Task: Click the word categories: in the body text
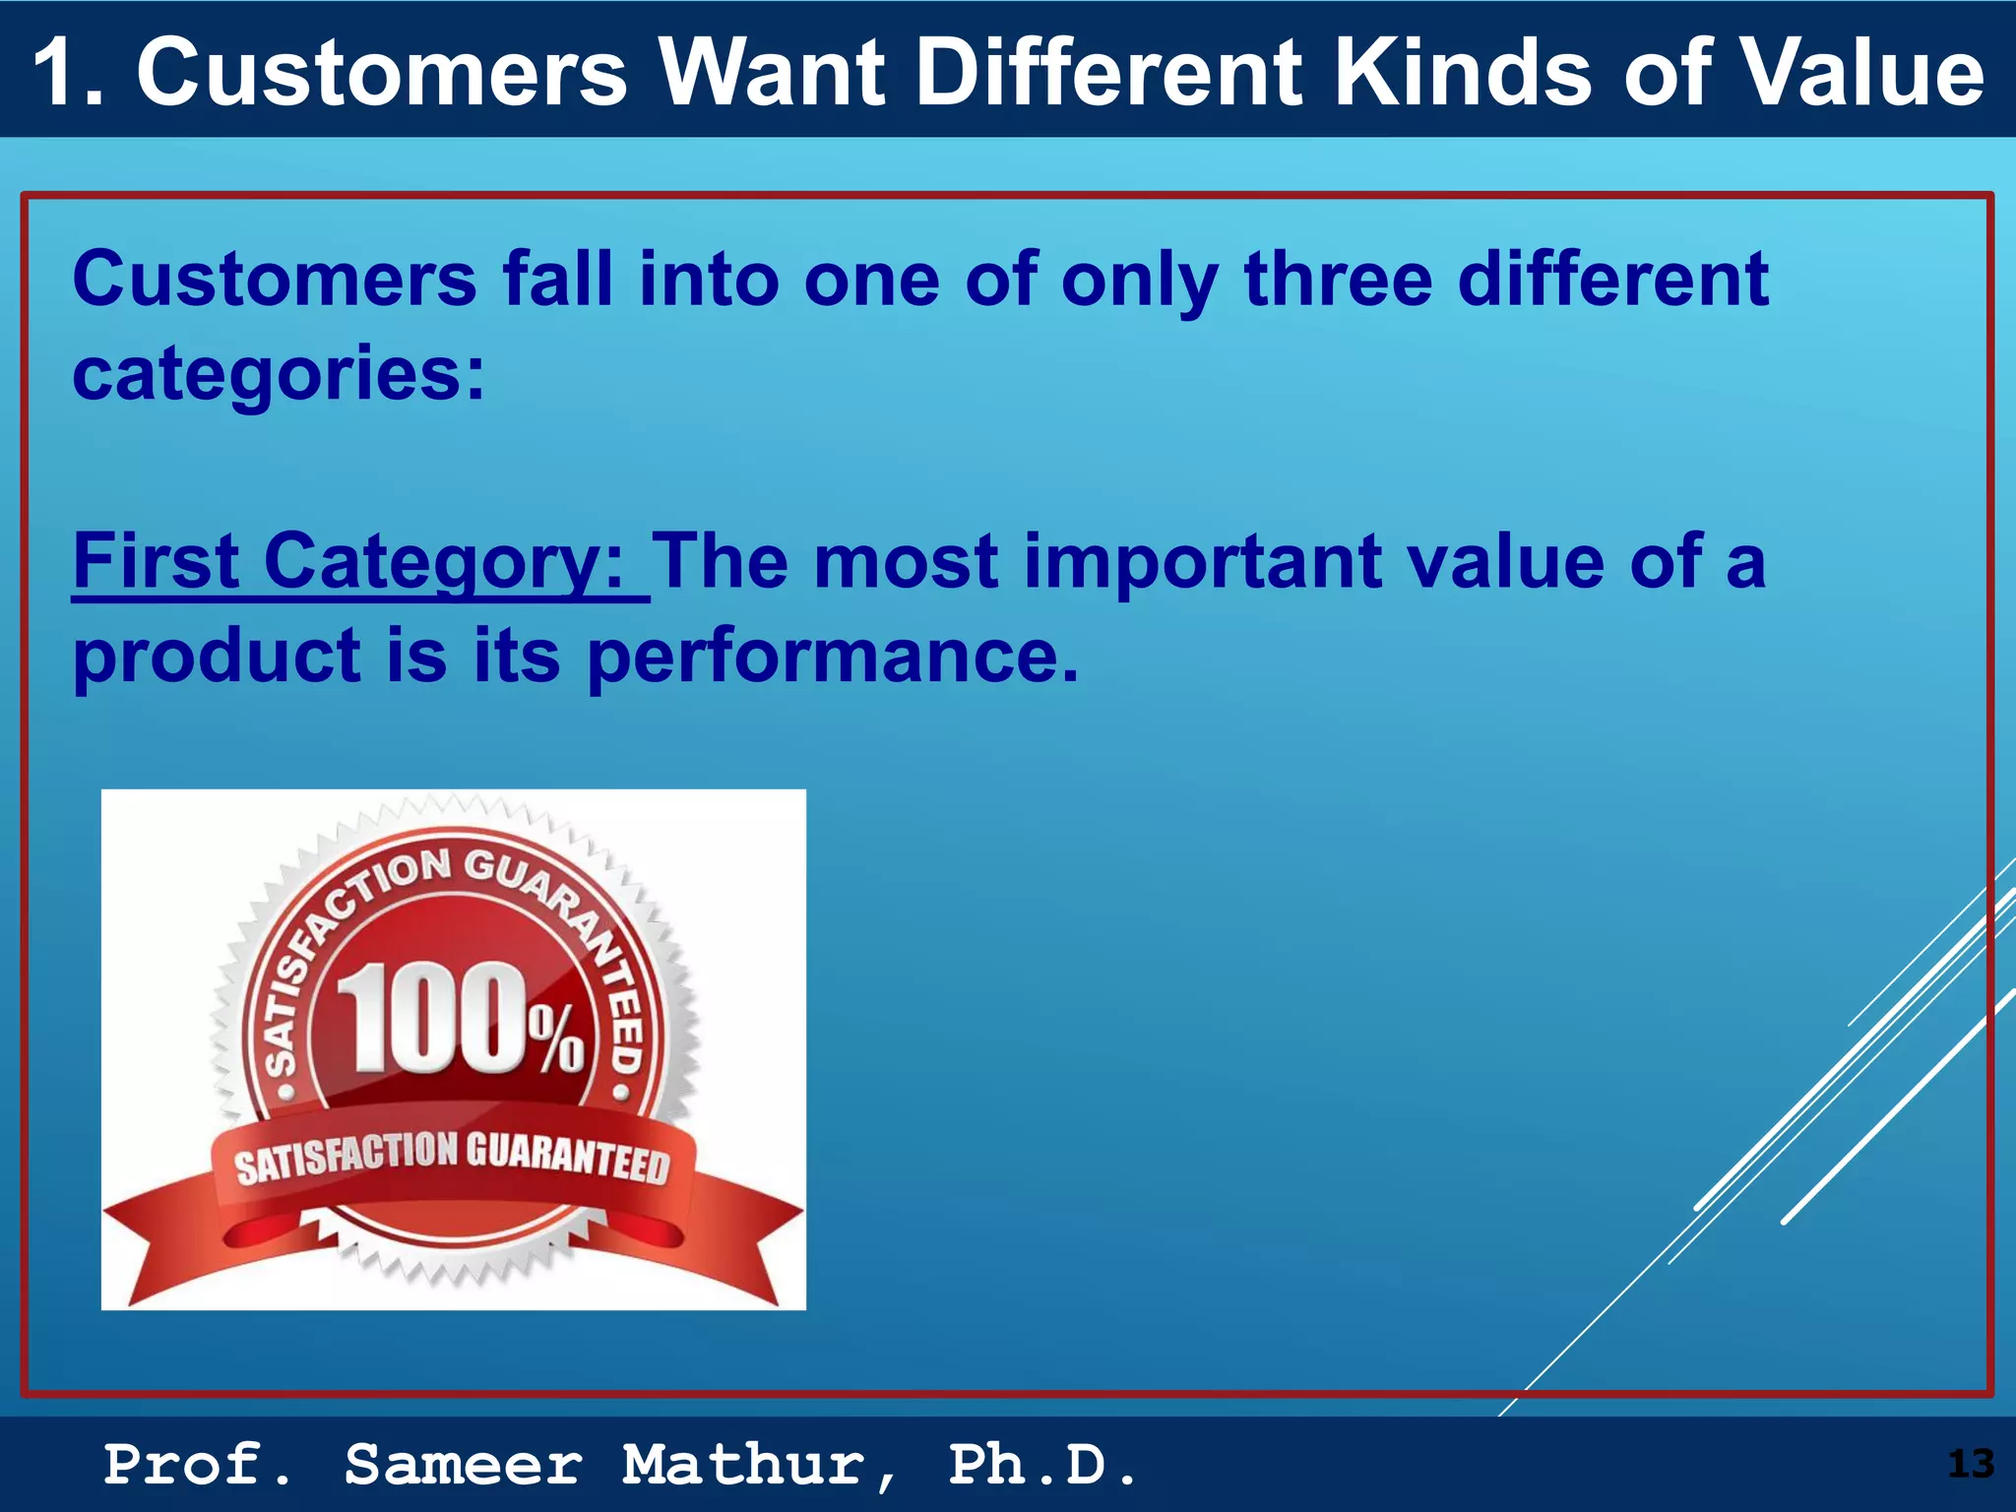coord(279,374)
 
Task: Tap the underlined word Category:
coord(443,561)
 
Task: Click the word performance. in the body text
coord(833,657)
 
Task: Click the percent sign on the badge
coord(557,1039)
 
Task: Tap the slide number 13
coord(1970,1465)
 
